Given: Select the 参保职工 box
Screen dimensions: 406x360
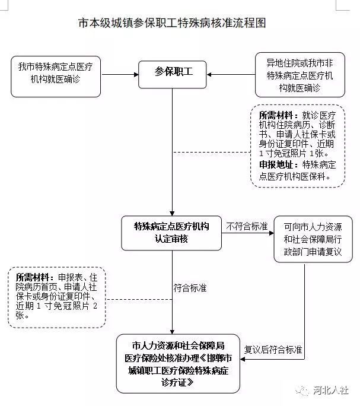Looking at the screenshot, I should coord(171,72).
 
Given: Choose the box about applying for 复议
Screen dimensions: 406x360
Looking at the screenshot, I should coord(313,239).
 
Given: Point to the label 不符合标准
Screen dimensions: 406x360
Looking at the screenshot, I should coord(247,226).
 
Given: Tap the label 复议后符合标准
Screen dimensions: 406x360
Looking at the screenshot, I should coord(274,349).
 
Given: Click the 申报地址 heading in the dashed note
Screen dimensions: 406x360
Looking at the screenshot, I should coord(280,164).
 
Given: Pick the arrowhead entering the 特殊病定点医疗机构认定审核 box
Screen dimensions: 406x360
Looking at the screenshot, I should coord(171,214).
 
